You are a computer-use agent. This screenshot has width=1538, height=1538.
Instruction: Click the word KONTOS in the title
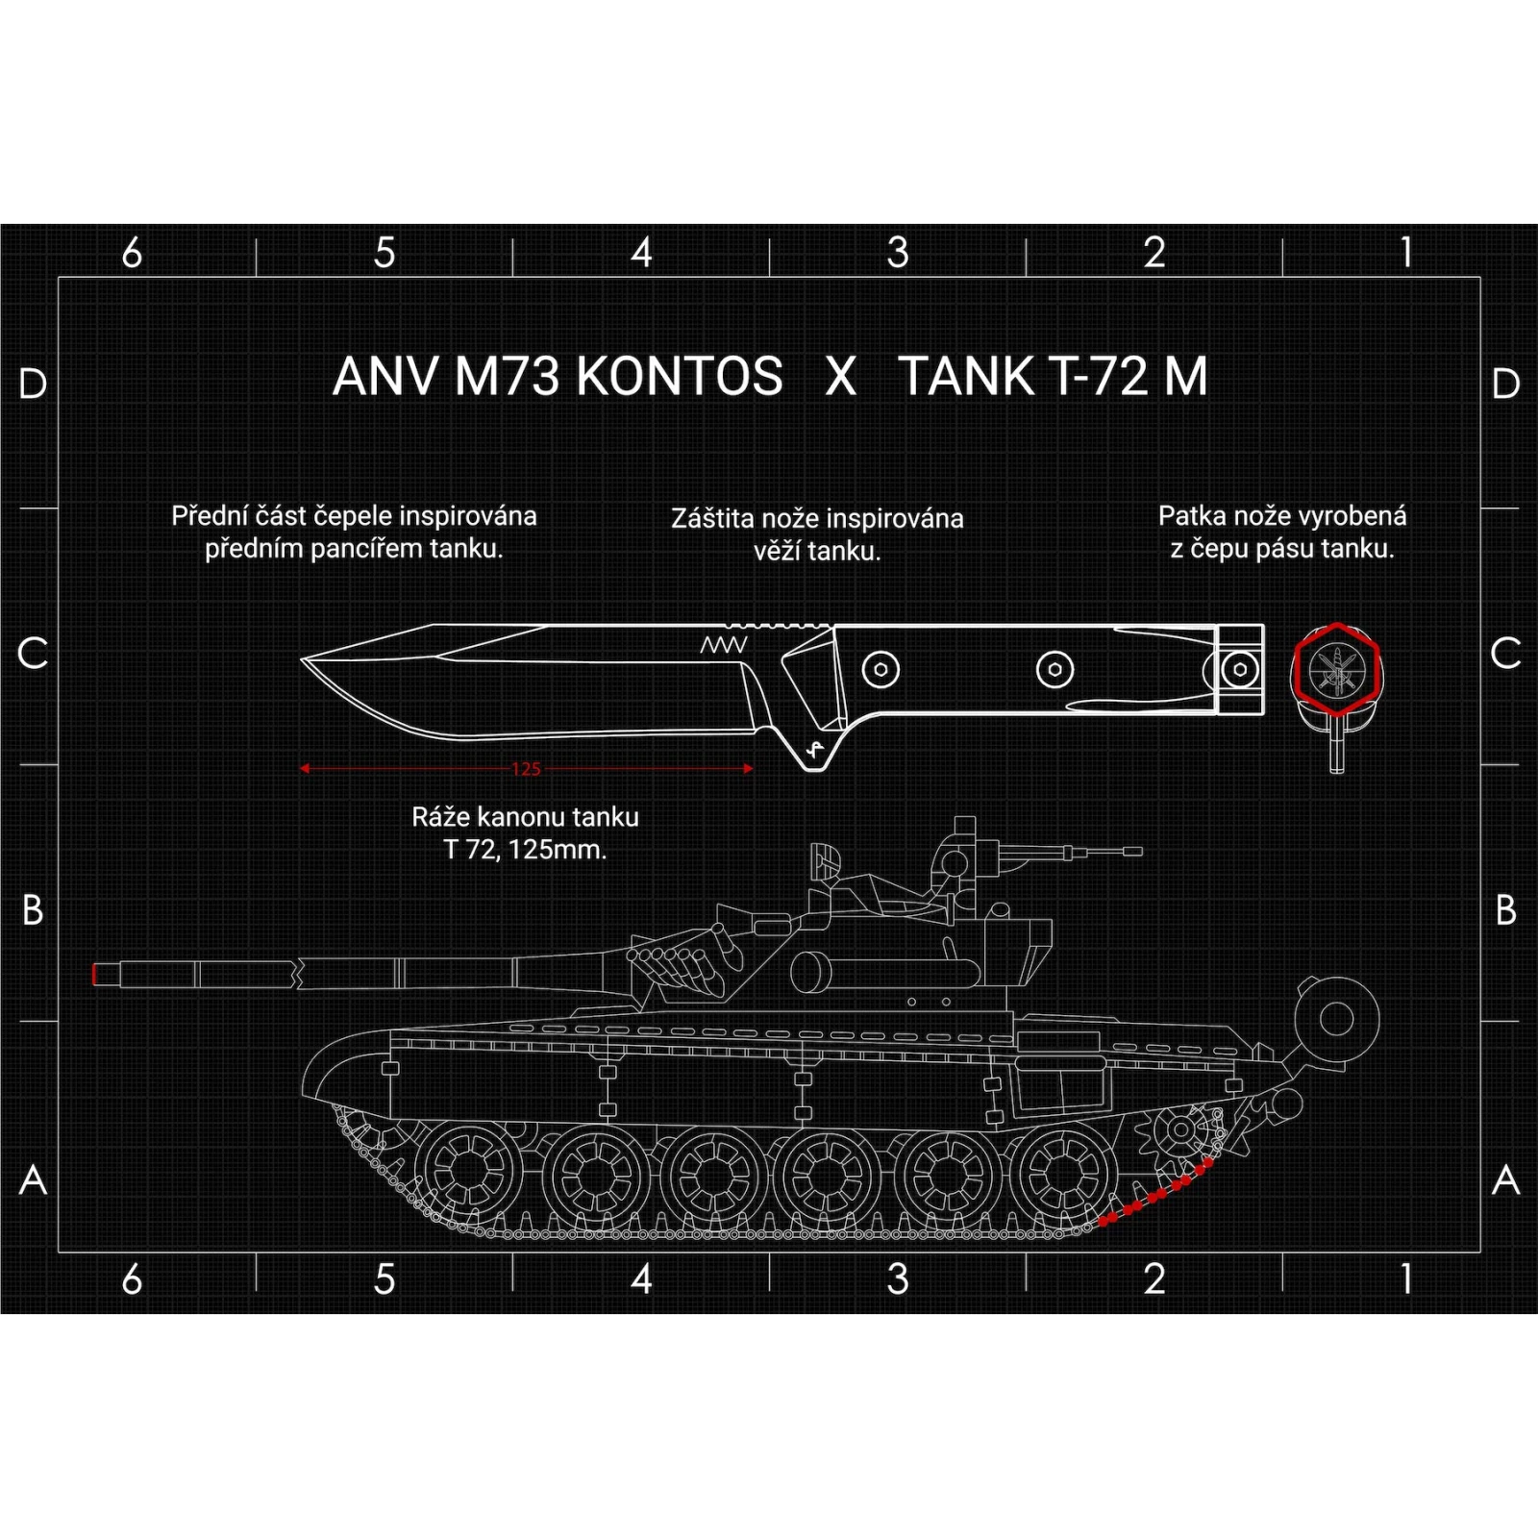coord(681,376)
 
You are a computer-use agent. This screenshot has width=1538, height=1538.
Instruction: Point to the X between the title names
coord(841,376)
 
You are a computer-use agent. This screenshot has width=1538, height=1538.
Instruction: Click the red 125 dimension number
coord(526,769)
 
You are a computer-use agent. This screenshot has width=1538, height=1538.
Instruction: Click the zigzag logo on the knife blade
coord(723,644)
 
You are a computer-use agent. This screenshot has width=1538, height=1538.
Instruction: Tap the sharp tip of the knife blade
coord(304,659)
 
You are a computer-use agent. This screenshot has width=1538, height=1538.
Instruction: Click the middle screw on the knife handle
coord(1054,669)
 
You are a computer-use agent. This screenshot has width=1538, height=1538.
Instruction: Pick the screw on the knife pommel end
coord(1240,669)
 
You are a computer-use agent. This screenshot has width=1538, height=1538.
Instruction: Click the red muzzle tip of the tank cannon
coord(94,974)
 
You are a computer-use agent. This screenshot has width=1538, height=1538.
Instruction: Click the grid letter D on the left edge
coord(33,384)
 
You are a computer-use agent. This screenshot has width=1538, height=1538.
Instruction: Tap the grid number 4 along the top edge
coord(641,254)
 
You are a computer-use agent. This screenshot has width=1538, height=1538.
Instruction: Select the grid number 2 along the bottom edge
coord(1154,1279)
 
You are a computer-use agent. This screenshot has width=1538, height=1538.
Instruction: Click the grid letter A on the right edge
coord(1505,1179)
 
